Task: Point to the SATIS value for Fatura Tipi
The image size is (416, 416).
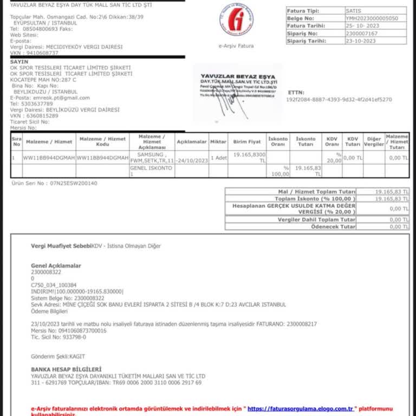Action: click(353, 10)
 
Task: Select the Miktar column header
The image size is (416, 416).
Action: click(218, 142)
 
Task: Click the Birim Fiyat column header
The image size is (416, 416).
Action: click(247, 142)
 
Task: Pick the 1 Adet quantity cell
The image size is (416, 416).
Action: click(218, 158)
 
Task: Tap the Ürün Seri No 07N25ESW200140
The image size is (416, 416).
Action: click(54, 183)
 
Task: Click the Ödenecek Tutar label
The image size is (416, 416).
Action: click(333, 226)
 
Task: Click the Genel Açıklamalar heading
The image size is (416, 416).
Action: click(56, 266)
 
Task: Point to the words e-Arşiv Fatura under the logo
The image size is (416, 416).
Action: click(236, 46)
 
